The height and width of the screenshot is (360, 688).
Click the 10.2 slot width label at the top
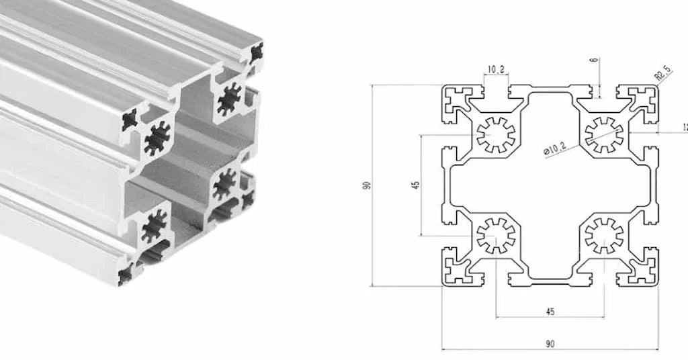(x=496, y=69)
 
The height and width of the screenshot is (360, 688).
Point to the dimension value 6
(x=593, y=60)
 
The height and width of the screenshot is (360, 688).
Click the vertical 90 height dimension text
(x=367, y=185)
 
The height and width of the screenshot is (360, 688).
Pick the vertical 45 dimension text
(x=416, y=185)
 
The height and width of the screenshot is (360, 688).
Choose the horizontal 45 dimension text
(x=550, y=312)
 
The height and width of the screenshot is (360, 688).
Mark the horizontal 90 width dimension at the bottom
(x=550, y=344)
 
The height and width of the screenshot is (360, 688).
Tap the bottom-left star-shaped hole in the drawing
(x=496, y=236)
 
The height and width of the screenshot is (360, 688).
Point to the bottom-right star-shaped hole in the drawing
(x=603, y=236)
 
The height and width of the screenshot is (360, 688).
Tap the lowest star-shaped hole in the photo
(x=154, y=225)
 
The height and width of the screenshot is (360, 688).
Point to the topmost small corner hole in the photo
(x=256, y=53)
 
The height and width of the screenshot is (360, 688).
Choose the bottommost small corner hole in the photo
(x=126, y=273)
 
